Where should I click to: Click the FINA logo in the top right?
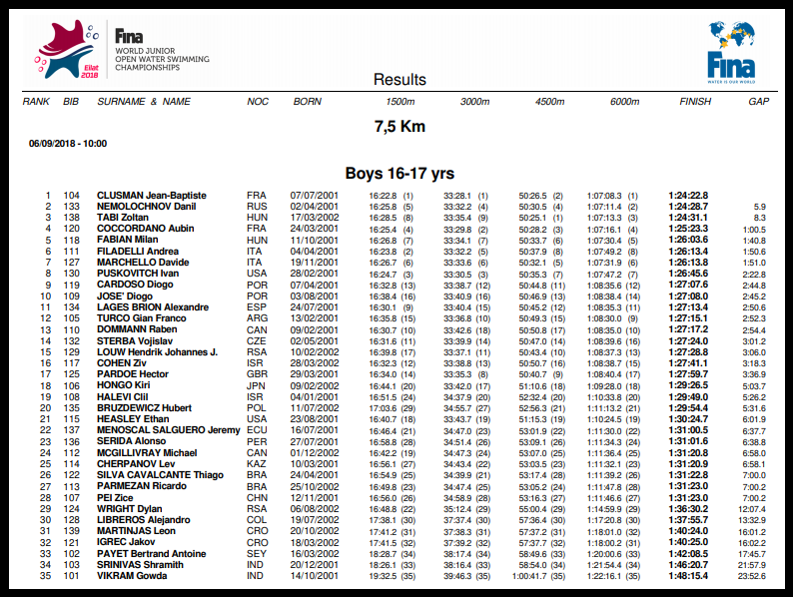pos(731,53)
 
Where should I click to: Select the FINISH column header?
pos(695,102)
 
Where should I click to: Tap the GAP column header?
pos(758,102)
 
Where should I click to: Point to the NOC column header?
pos(258,102)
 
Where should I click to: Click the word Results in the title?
pos(399,80)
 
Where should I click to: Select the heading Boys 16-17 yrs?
pos(399,173)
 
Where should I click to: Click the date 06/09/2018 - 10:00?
pos(68,144)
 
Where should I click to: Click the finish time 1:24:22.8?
pos(688,196)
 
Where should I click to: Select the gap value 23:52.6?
pos(750,576)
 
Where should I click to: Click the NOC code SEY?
pos(256,553)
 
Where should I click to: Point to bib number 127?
pos(71,263)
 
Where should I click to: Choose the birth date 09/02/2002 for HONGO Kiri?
pos(315,385)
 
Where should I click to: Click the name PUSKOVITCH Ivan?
pos(137,274)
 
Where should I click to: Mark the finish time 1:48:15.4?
pos(688,576)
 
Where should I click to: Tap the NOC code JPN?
pos(256,385)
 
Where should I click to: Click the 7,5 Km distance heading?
pos(399,127)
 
